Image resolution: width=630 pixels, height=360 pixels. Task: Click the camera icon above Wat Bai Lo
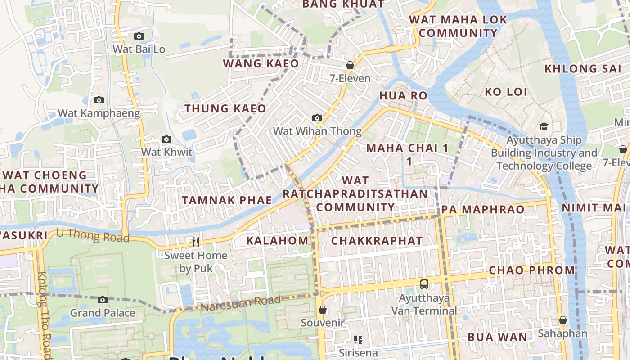139,36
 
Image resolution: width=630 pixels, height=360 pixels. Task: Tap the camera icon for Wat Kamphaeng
99,100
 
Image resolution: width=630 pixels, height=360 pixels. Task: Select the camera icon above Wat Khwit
166,139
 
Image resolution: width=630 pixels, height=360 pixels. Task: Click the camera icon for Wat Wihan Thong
317,118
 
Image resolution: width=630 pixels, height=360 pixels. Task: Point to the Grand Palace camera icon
103,300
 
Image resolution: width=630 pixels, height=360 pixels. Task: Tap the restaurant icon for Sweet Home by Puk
196,242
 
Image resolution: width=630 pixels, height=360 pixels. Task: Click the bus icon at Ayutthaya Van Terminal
424,284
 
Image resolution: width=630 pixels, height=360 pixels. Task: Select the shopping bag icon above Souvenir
323,310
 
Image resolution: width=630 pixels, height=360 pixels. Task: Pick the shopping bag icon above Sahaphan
562,320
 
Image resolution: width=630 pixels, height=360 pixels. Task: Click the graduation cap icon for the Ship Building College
544,126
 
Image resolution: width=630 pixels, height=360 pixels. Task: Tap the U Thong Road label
93,235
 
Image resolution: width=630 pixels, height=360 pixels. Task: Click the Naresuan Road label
241,304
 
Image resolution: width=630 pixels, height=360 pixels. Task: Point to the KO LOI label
506,92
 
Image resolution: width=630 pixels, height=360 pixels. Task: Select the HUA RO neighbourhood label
403,95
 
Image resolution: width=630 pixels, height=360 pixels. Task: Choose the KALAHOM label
277,241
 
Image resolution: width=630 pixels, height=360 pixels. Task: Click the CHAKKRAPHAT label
377,241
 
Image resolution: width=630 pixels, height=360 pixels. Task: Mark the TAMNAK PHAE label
227,200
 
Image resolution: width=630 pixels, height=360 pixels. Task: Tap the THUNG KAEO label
225,108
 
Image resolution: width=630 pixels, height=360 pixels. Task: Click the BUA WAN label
497,337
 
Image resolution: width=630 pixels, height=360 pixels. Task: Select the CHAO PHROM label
532,270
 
